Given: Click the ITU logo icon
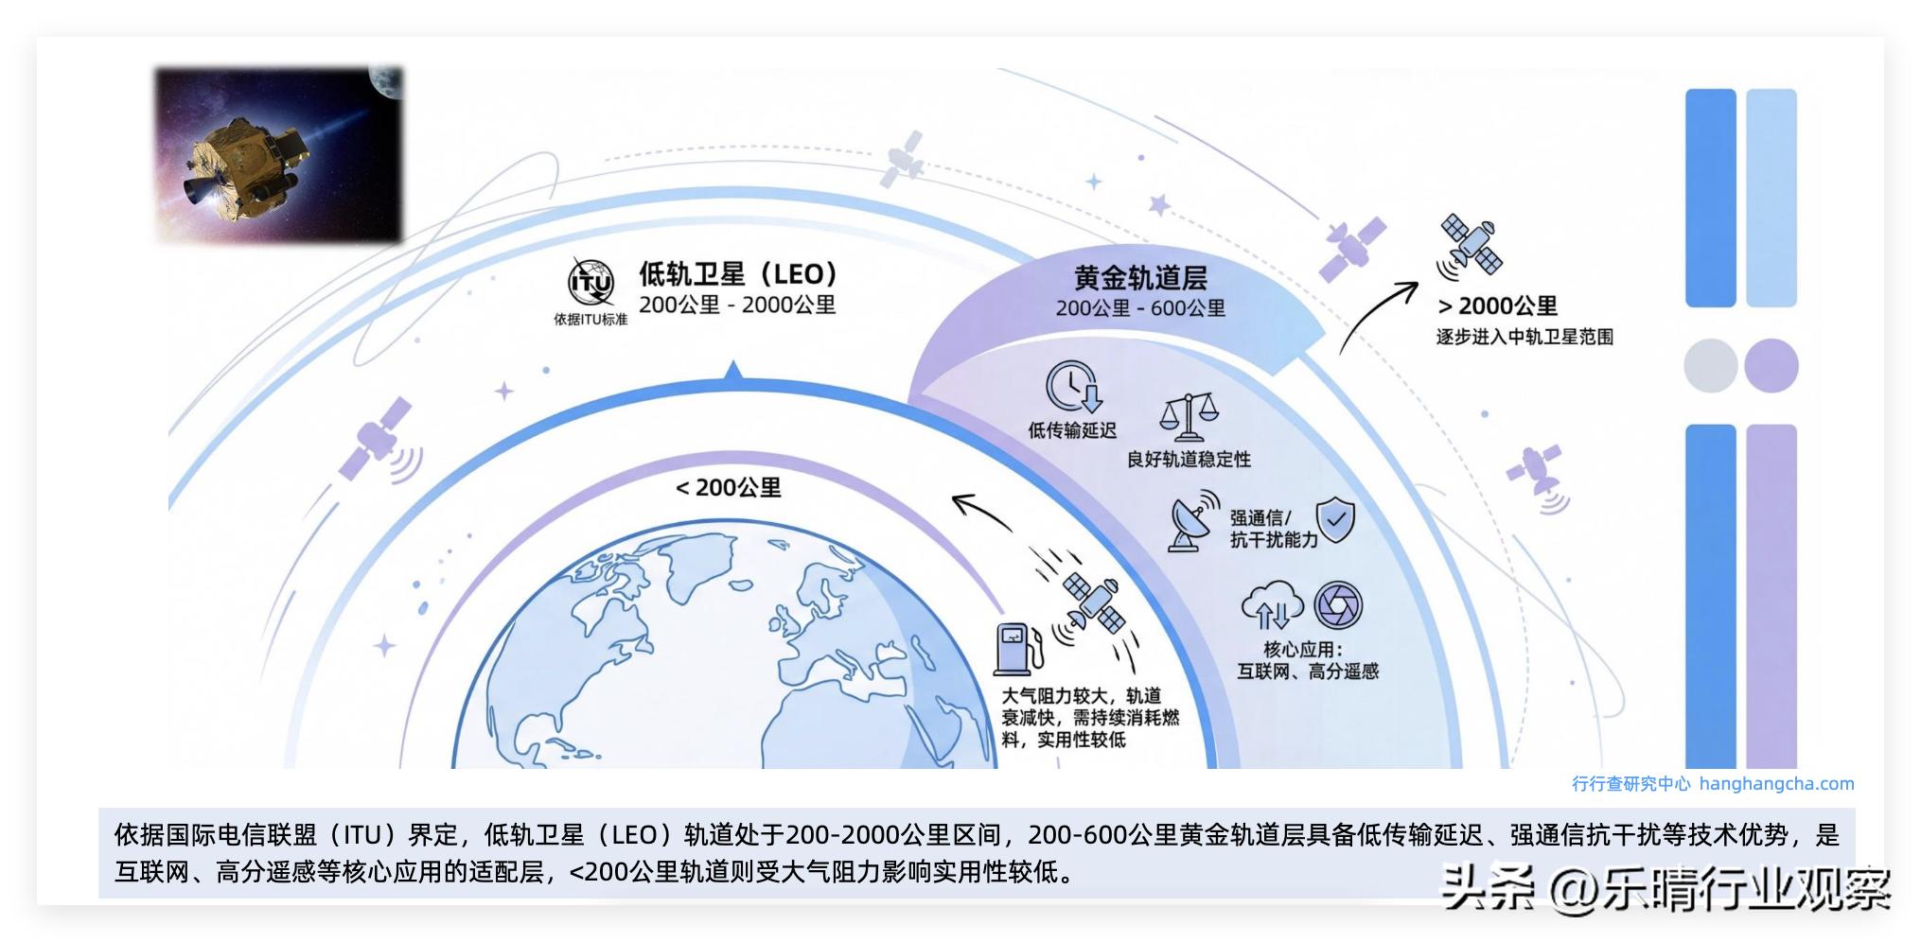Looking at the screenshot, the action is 590,282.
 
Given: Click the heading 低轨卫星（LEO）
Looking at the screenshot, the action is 738,274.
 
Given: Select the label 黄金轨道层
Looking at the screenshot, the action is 1140,278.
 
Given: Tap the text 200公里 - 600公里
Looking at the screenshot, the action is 1140,308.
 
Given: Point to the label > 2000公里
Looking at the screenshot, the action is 1497,306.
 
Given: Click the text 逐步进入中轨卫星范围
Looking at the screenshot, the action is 1524,337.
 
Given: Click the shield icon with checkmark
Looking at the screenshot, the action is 1335,519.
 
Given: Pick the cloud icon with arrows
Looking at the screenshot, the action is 1271,605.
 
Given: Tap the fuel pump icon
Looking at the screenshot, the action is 1018,648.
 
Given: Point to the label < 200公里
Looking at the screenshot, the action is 728,488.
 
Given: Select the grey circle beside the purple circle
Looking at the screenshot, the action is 1710,366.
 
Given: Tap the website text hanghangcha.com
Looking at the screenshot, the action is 1776,784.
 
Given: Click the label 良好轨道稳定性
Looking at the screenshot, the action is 1189,460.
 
